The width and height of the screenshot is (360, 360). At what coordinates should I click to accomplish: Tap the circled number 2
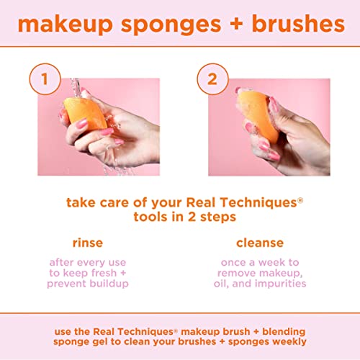[212, 79]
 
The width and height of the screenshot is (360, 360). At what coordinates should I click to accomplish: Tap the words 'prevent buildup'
[88, 284]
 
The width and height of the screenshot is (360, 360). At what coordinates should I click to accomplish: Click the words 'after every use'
[88, 262]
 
